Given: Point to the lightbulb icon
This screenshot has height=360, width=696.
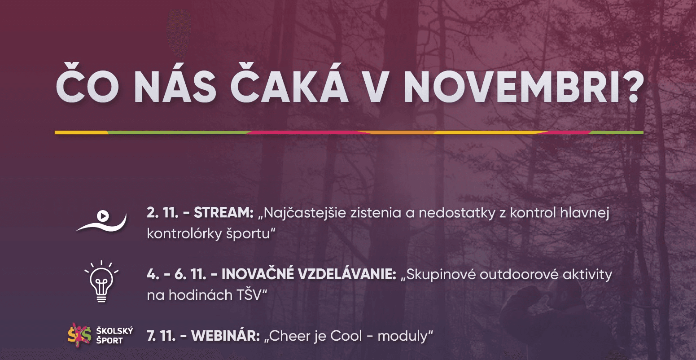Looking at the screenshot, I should [101, 281].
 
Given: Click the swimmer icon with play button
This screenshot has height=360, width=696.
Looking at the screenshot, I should [101, 220].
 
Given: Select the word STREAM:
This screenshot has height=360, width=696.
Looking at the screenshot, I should [224, 214].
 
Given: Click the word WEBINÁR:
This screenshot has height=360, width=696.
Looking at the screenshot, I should [226, 336].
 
